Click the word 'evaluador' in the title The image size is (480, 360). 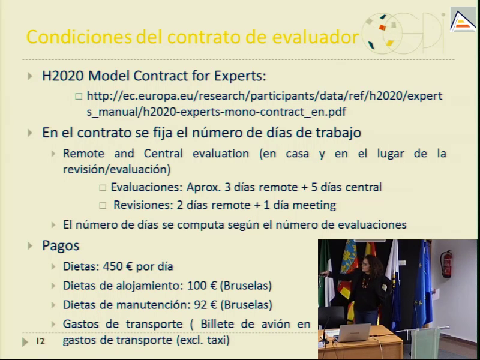pyautogui.click(x=316, y=37)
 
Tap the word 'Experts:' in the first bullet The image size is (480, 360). pyautogui.click(x=240, y=76)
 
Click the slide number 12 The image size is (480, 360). pyautogui.click(x=40, y=341)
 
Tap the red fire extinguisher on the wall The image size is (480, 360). pyautogui.click(x=446, y=264)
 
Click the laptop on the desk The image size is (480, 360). pyautogui.click(x=353, y=333)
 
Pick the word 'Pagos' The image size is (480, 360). pyautogui.click(x=61, y=246)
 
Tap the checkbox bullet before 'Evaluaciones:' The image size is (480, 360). pyautogui.click(x=103, y=188)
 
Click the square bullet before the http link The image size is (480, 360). pyautogui.click(x=79, y=97)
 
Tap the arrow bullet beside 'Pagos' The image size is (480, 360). pyautogui.click(x=29, y=245)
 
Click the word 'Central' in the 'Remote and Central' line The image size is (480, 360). pyautogui.click(x=163, y=154)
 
